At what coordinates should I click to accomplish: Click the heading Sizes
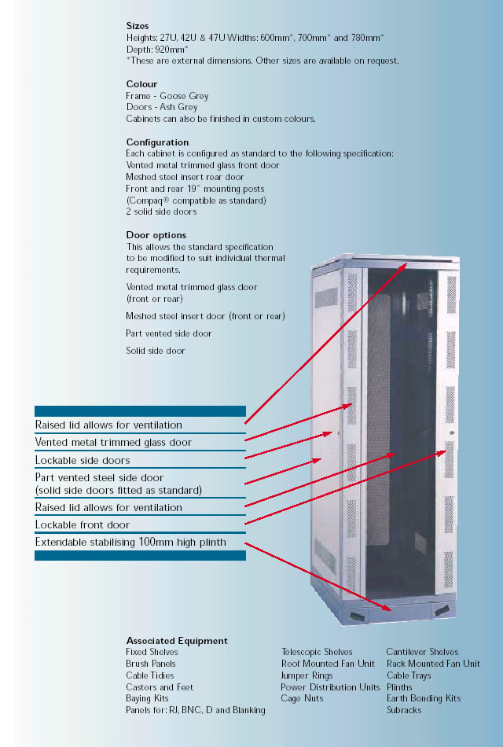tap(138, 26)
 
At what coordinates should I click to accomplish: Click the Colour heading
tap(141, 84)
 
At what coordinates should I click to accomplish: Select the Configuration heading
tap(157, 142)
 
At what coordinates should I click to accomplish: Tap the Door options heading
tap(156, 235)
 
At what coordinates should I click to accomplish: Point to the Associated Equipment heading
tap(177, 641)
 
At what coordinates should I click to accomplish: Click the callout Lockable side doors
tap(83, 460)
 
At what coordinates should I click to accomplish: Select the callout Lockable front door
tap(83, 524)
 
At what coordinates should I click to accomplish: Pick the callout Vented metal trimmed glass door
tap(113, 443)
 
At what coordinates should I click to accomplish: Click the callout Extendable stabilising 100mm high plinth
tap(130, 542)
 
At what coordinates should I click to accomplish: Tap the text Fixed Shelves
tap(152, 652)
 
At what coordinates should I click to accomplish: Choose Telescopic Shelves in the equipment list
tap(317, 652)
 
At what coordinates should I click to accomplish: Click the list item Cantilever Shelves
tap(422, 652)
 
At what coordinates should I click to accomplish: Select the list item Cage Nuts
tap(302, 698)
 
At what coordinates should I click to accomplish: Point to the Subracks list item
tap(404, 710)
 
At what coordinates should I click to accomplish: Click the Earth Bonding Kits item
tap(424, 698)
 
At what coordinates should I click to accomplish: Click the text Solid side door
tap(156, 351)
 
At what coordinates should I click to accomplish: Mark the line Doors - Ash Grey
tap(162, 107)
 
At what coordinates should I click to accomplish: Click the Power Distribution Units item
tap(330, 687)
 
